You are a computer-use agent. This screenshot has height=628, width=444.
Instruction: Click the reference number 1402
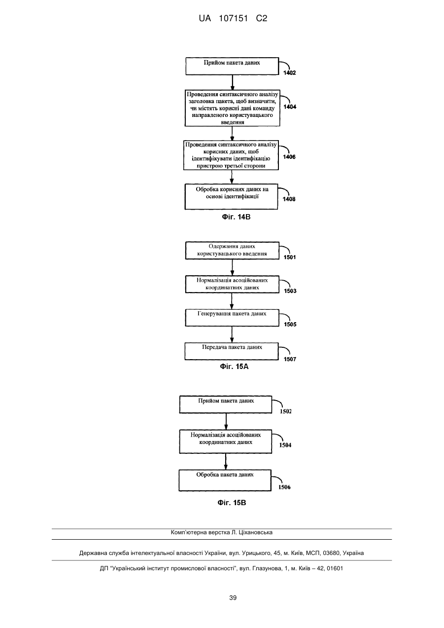[x=289, y=73]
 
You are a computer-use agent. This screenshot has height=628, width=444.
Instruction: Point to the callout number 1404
[x=290, y=107]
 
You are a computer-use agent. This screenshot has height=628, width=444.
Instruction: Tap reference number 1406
[x=289, y=157]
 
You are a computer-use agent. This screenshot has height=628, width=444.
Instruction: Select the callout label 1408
[x=289, y=199]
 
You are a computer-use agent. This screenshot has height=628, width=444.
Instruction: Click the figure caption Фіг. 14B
[x=236, y=217]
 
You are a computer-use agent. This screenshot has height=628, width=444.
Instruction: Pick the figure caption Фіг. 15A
[x=234, y=367]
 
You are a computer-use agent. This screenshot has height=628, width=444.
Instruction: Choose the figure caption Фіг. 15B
[x=232, y=503]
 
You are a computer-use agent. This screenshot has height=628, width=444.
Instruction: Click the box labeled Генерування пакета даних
[x=232, y=318]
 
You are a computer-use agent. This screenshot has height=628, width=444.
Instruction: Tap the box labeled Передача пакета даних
[x=232, y=351]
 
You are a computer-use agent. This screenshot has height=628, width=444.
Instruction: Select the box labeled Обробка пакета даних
[x=225, y=480]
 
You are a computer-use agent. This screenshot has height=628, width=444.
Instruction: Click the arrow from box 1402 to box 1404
[x=232, y=82]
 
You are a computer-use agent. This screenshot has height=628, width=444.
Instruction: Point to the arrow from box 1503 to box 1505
[x=232, y=301]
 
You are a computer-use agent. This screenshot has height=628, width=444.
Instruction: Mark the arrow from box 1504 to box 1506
[x=226, y=461]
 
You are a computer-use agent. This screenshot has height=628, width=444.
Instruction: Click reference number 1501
[x=290, y=257]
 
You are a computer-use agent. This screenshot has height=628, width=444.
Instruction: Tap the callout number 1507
[x=290, y=359]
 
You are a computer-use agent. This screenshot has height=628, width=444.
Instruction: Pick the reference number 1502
[x=285, y=411]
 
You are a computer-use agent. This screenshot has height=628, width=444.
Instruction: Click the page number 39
[x=233, y=598]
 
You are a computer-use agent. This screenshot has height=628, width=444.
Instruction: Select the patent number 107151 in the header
[x=234, y=19]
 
